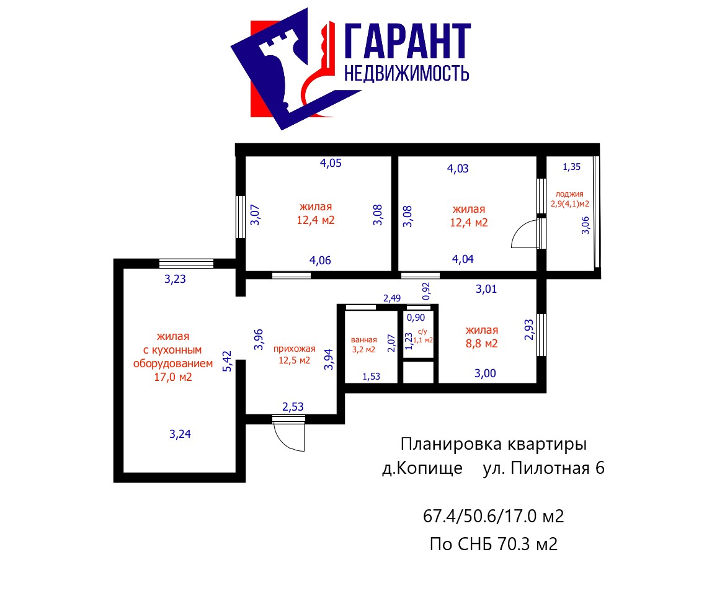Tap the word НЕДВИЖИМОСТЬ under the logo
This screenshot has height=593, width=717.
[x=406, y=73]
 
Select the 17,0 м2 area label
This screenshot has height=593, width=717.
[x=173, y=377]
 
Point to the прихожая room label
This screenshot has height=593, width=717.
[x=295, y=349]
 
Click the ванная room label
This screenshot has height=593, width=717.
[x=364, y=340]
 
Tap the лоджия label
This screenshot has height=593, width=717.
[x=569, y=194]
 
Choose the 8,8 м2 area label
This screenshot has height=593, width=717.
[x=481, y=344]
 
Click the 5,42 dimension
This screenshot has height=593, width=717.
[x=227, y=361]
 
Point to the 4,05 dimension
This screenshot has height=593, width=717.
[x=331, y=163]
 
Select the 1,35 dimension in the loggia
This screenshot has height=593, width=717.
[x=572, y=167]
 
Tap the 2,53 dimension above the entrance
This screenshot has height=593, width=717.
[x=293, y=406]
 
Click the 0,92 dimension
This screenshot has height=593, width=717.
[x=425, y=291]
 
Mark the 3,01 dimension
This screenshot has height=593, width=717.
[x=486, y=289]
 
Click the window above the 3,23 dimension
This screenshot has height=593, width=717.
[x=186, y=264]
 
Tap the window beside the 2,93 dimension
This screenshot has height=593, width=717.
[x=541, y=335]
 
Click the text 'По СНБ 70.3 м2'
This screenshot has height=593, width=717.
[x=493, y=544]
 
